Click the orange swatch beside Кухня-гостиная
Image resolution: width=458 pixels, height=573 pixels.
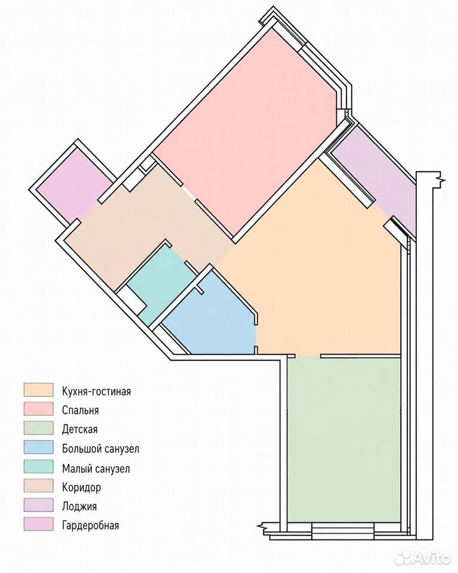tap(38, 390)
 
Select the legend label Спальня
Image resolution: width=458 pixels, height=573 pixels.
tap(81, 410)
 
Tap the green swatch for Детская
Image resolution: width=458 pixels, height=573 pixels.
tap(38, 428)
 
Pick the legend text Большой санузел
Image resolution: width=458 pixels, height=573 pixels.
tap(100, 448)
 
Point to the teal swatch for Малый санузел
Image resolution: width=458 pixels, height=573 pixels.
tap(38, 466)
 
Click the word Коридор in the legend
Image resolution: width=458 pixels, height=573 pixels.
tap(82, 487)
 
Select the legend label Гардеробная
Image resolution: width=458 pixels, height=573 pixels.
tap(91, 525)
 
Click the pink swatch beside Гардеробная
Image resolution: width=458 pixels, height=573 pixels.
tap(38, 523)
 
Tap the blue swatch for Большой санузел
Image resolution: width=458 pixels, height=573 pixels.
tap(38, 447)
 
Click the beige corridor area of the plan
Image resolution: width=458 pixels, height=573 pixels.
tap(146, 223)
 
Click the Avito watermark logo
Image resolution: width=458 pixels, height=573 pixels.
tap(423, 557)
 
